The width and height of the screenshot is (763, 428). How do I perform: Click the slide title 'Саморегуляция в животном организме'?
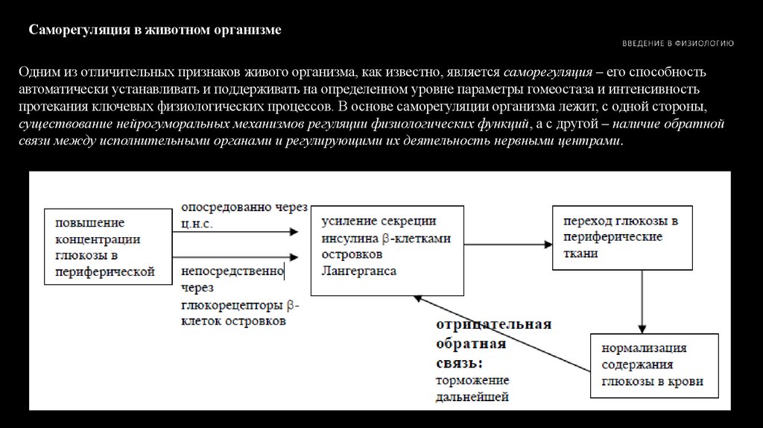pos(154,31)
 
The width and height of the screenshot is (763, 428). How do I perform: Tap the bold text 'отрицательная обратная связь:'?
pos(493,344)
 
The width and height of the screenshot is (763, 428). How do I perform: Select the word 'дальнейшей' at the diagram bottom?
pos(472,397)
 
